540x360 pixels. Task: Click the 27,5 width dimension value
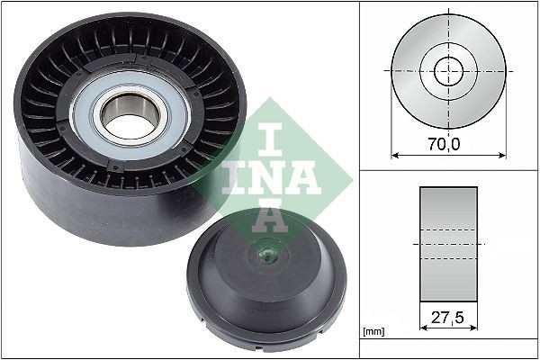448,317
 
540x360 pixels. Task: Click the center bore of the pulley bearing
130,116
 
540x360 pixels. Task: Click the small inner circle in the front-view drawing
448,69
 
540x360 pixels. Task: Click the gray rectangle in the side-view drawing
448,244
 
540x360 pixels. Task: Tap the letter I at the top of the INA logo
269,139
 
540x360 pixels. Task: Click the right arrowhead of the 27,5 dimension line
473,328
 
